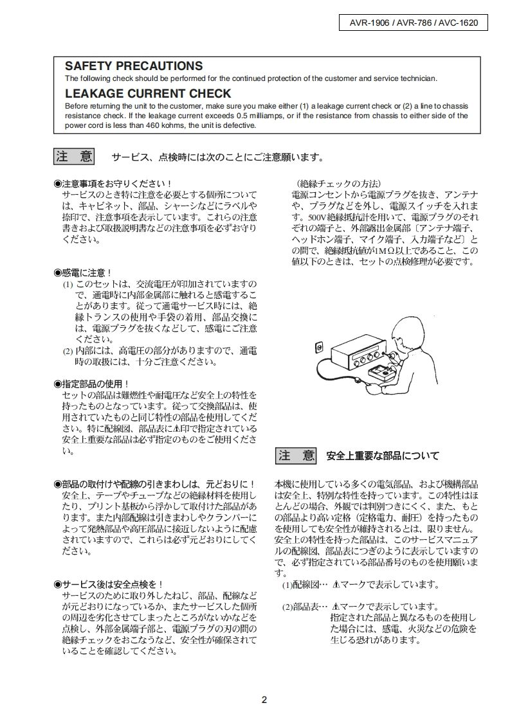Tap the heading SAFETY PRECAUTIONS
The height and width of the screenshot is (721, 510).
[x=134, y=66]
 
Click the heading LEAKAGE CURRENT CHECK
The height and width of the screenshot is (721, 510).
[x=148, y=94]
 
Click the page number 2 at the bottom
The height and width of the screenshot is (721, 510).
[x=264, y=700]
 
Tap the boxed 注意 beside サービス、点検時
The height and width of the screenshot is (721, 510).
[x=74, y=157]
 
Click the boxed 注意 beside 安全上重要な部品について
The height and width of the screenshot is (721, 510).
[x=296, y=456]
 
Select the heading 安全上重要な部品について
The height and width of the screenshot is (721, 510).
[x=383, y=456]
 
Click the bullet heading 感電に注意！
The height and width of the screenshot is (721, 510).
[x=84, y=272]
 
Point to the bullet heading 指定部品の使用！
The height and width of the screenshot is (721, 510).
[x=91, y=384]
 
